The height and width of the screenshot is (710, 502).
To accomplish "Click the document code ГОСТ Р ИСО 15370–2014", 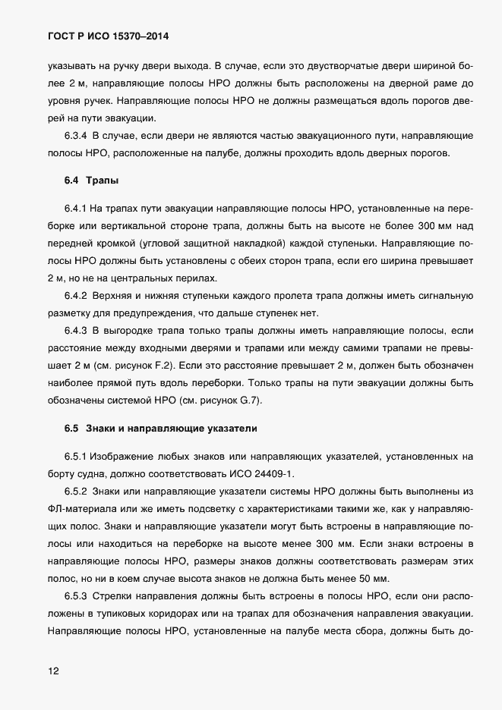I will [109, 36].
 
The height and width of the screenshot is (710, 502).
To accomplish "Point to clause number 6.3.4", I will [77, 136].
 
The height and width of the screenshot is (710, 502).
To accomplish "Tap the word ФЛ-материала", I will [81, 508].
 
